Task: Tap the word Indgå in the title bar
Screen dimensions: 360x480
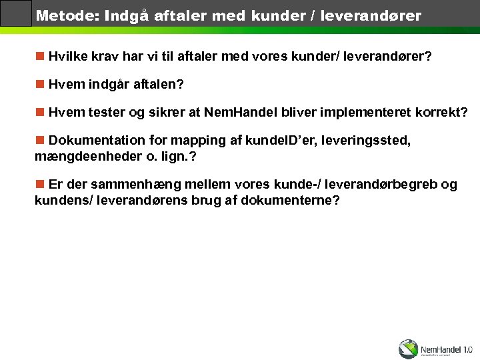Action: pos(127,15)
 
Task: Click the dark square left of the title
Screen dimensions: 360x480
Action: pos(16,13)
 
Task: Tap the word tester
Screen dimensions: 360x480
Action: pos(105,113)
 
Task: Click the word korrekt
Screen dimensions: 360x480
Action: pos(443,113)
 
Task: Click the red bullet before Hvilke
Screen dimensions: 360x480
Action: pos(40,57)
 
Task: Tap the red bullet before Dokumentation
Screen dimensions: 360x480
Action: pos(40,140)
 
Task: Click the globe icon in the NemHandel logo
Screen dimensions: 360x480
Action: pos(408,349)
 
